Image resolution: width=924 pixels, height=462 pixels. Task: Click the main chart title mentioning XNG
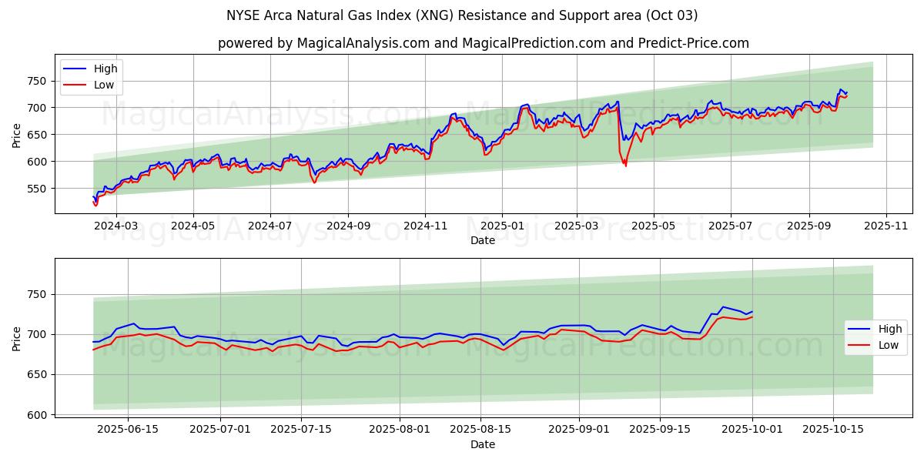[x=462, y=15]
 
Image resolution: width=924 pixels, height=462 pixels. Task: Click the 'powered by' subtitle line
[x=483, y=43]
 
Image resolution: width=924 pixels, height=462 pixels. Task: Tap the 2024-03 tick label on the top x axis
[x=117, y=225]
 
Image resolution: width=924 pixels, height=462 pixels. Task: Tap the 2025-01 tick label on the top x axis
[x=502, y=225]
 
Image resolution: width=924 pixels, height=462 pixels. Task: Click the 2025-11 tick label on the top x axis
[x=886, y=225]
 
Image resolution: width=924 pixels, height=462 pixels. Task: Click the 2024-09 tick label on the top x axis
[x=348, y=225]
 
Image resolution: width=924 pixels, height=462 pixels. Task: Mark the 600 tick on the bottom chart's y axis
[x=37, y=415]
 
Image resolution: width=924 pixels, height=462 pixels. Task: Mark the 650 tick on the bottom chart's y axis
[x=37, y=375]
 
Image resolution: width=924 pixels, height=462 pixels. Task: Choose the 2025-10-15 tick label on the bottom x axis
[x=833, y=429]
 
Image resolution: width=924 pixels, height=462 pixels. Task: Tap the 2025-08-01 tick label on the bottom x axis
[x=400, y=429]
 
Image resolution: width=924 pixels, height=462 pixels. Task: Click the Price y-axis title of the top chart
[x=17, y=134]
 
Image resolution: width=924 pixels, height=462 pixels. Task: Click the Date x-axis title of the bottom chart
[x=483, y=444]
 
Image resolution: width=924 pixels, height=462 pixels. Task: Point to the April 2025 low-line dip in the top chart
[x=625, y=165]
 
